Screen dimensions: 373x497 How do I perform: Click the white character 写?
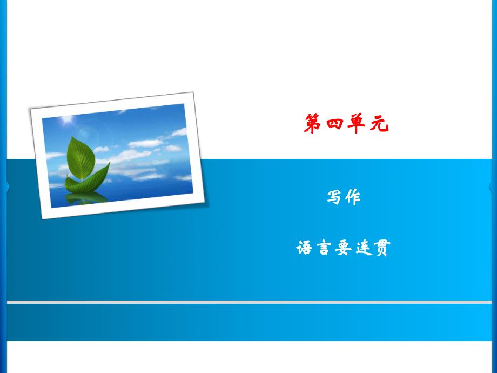[334, 197]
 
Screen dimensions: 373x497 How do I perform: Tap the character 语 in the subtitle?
[304, 248]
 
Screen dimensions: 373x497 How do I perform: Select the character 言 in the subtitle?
[324, 248]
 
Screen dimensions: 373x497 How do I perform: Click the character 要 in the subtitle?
[343, 248]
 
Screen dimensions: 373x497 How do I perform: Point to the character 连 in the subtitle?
[362, 248]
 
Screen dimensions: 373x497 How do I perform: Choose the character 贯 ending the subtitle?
[381, 248]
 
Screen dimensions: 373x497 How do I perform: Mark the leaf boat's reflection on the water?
[86, 197]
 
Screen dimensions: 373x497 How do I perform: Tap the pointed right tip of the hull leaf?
[109, 164]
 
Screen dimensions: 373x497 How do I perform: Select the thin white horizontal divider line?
[249, 302]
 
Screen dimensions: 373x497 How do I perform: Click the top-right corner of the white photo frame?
[193, 93]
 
